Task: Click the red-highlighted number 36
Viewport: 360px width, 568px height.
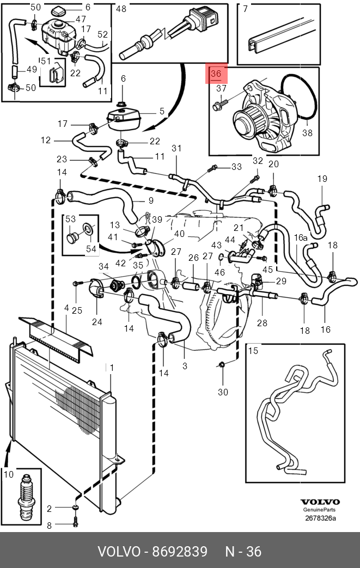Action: (216, 74)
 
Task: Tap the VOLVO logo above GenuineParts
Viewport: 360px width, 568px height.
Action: (320, 502)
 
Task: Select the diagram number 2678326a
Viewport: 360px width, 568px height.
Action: (321, 518)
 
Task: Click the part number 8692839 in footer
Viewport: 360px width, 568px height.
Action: (180, 551)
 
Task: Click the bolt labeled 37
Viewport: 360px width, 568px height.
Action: (220, 105)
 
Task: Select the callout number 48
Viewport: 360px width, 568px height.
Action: (121, 9)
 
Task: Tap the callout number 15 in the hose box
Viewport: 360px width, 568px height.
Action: (253, 350)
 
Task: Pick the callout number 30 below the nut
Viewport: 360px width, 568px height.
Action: (223, 392)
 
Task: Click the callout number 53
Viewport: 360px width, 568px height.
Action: (71, 219)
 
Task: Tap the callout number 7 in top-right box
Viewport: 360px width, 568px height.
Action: (246, 9)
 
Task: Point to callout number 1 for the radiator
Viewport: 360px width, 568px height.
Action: (112, 368)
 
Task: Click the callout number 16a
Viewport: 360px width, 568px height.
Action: (301, 237)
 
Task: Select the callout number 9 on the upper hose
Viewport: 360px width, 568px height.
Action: (151, 200)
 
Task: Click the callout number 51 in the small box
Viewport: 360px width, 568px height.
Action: (46, 61)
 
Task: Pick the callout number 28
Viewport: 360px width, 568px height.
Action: (262, 322)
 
